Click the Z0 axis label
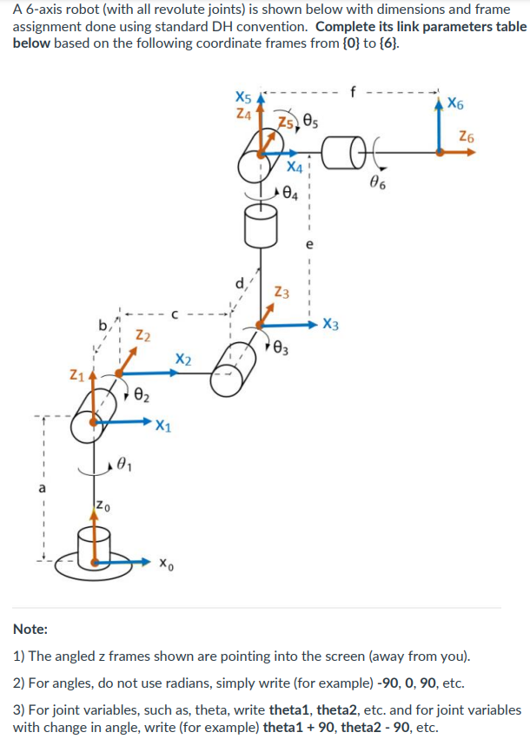coord(103,505)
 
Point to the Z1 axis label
coord(77,375)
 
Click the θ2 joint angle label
coord(143,396)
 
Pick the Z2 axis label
coord(144,336)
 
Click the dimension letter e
coord(308,245)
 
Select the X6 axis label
coord(455,105)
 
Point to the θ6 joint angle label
coord(377,182)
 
